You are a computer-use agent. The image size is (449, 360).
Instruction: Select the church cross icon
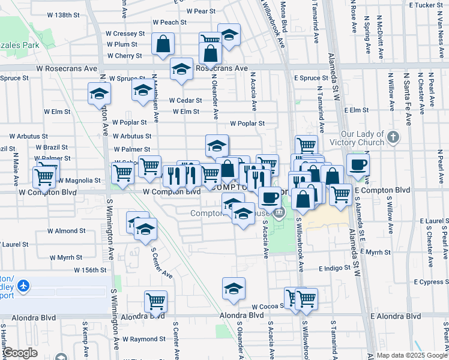pyautogui.click(x=393, y=137)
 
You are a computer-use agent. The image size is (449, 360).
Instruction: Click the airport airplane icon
pyautogui.click(x=23, y=286)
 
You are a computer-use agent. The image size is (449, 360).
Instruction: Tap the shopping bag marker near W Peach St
pyautogui.click(x=163, y=44)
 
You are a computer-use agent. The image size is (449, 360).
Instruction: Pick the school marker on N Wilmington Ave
pyautogui.click(x=99, y=94)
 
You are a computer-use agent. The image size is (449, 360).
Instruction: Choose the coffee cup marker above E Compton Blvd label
pyautogui.click(x=358, y=164)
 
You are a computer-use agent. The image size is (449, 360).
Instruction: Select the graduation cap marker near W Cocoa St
pyautogui.click(x=234, y=289)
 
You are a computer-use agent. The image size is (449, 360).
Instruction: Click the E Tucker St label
pyautogui.click(x=424, y=5)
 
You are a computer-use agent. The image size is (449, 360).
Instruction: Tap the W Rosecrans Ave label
pyautogui.click(x=67, y=69)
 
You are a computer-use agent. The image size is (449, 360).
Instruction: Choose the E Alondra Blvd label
pyautogui.click(x=396, y=316)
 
